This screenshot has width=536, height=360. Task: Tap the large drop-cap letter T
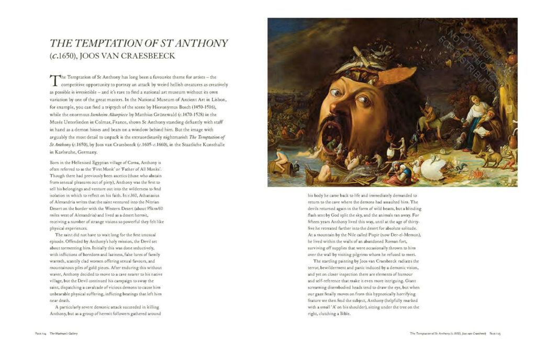(x=54, y=80)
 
